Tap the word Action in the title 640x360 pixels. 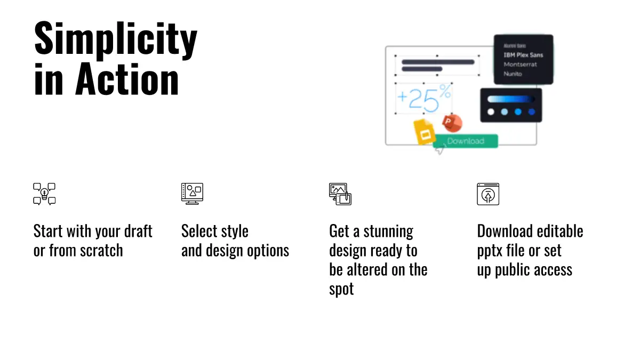[127, 79]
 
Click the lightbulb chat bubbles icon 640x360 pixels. [44, 194]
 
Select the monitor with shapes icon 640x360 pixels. [192, 194]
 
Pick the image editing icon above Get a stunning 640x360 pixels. [340, 194]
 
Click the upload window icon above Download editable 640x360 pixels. [487, 194]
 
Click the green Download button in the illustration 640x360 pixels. [466, 141]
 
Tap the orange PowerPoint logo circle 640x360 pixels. [453, 123]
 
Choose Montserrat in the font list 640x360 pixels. [520, 65]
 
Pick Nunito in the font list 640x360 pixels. [513, 74]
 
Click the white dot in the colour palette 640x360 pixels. [491, 112]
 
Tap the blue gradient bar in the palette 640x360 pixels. [511, 99]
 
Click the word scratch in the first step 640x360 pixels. [101, 251]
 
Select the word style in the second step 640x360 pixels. [234, 231]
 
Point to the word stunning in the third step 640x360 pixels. [388, 231]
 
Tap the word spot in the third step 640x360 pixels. [341, 289]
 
